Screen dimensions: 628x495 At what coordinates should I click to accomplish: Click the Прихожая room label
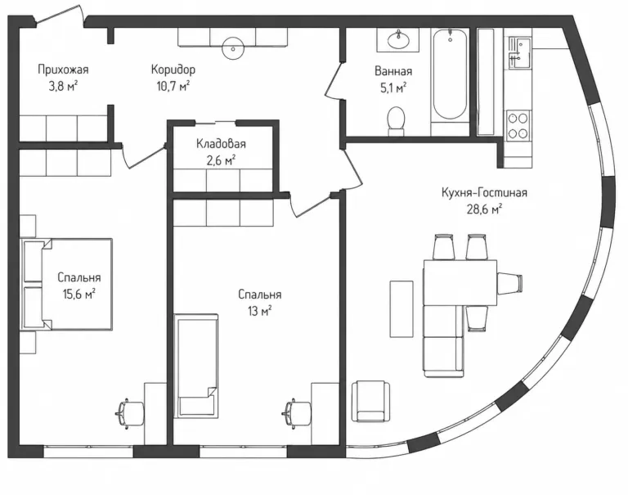63,70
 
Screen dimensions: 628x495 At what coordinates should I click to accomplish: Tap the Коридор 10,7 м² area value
173,86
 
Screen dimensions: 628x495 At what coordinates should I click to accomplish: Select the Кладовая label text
221,143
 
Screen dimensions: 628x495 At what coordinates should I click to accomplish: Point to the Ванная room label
392,71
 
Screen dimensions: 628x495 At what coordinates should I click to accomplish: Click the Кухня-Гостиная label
484,192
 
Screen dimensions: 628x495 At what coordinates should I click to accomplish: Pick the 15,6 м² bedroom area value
78,295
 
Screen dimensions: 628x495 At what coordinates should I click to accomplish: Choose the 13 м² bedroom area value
259,311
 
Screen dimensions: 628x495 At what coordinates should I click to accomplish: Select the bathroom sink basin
398,39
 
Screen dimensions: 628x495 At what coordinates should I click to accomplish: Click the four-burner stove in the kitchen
518,125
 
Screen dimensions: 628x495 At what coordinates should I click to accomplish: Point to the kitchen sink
519,53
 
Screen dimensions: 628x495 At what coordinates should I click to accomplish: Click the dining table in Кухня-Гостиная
460,282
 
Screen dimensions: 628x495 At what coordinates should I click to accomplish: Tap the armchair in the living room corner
370,401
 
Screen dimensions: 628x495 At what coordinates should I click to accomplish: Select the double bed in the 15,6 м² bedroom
66,284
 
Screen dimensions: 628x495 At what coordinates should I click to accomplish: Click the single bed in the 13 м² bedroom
196,366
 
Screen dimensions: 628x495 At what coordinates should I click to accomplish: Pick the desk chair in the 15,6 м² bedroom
129,414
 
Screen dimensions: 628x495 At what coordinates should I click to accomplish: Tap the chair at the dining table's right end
509,282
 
